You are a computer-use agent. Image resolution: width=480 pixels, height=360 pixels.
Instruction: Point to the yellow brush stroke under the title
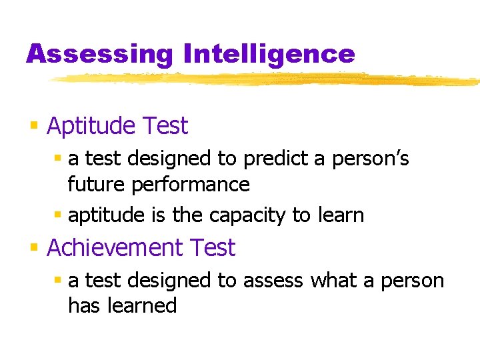point(267,79)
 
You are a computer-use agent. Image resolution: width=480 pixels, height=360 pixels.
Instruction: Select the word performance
point(191,184)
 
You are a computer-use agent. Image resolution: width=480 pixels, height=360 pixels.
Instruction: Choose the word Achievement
point(115,248)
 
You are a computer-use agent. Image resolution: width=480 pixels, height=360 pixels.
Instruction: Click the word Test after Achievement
point(213,248)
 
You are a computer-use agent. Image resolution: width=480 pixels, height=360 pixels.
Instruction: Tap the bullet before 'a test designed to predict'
point(58,159)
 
